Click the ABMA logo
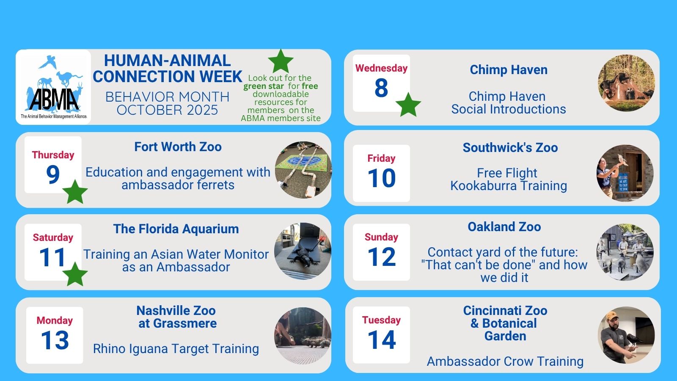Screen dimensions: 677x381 53,87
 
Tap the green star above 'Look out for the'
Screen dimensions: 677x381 281,61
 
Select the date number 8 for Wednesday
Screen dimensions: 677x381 381,88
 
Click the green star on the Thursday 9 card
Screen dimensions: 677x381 75,192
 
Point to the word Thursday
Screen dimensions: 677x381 53,155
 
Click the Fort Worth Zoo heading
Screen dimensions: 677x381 178,147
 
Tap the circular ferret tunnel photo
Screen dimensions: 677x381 303,170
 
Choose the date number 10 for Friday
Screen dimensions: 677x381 381,178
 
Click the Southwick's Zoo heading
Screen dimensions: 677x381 510,148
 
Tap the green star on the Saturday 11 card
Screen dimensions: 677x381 75,274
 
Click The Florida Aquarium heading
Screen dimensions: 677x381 176,229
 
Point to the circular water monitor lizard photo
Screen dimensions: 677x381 303,251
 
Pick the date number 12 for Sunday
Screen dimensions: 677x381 381,257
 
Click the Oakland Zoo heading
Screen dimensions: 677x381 504,227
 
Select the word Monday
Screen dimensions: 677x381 55,320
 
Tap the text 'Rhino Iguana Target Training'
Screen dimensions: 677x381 176,349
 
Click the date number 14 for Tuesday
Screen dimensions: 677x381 381,340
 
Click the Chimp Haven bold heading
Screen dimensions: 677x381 509,70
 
